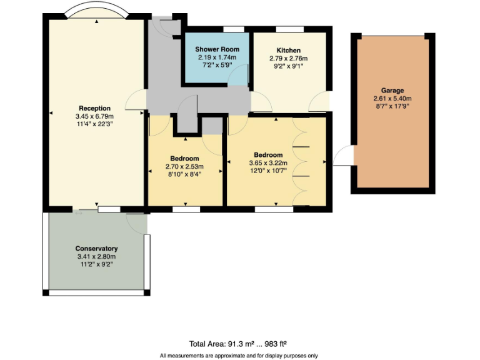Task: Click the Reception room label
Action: pyautogui.click(x=95, y=108)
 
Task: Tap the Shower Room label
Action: pyautogui.click(x=217, y=49)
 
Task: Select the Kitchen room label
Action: pyautogui.click(x=289, y=51)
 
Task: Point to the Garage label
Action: pyautogui.click(x=392, y=91)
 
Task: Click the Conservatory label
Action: pyautogui.click(x=96, y=249)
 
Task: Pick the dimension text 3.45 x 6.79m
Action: pyautogui.click(x=95, y=116)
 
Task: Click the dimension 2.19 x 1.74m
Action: pyautogui.click(x=217, y=57)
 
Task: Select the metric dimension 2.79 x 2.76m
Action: pyautogui.click(x=289, y=58)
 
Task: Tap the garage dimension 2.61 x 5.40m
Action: pyautogui.click(x=392, y=99)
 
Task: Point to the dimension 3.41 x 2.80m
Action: pyautogui.click(x=96, y=256)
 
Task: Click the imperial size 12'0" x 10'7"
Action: pyautogui.click(x=268, y=170)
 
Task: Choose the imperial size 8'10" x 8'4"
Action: pyautogui.click(x=184, y=174)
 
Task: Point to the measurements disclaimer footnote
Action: pyautogui.click(x=239, y=356)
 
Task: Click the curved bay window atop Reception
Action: pyautogui.click(x=97, y=11)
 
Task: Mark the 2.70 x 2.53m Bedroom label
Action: pyautogui.click(x=184, y=159)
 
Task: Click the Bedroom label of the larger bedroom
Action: pyautogui.click(x=268, y=155)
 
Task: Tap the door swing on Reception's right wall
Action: pyautogui.click(x=136, y=101)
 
